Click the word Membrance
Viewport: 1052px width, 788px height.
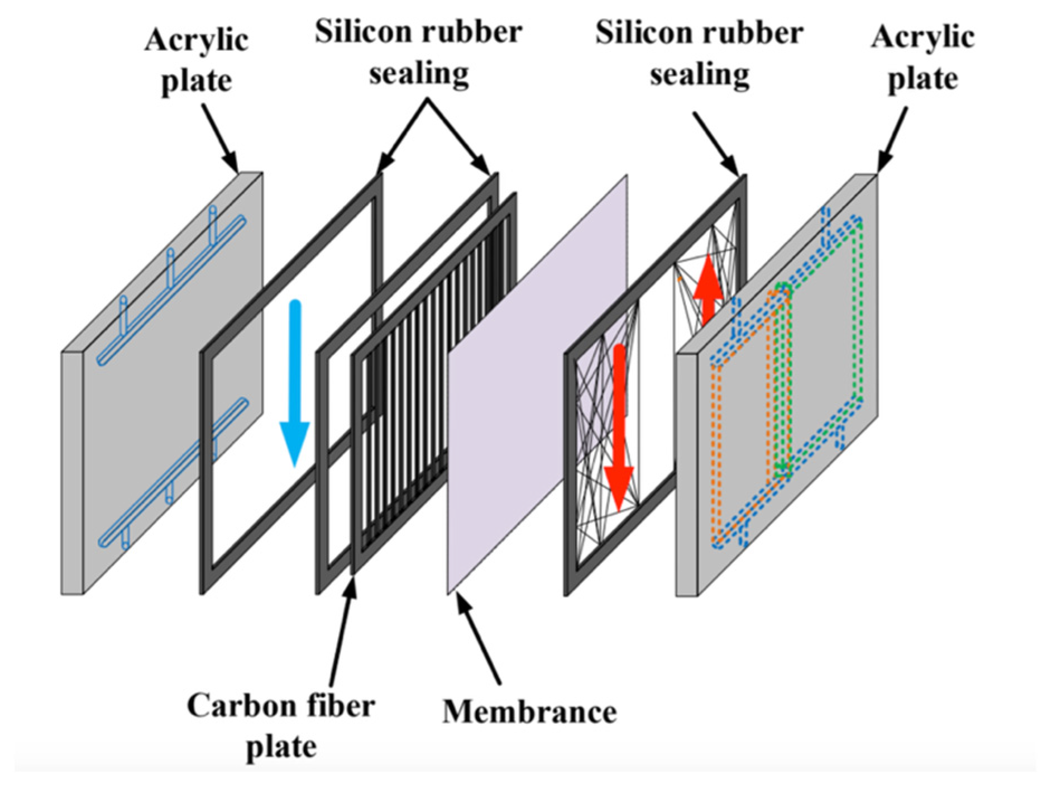tap(529, 711)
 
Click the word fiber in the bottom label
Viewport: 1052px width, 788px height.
tap(340, 706)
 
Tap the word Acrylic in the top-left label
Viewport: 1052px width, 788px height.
tap(197, 40)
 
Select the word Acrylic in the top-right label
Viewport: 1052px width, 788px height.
tap(922, 38)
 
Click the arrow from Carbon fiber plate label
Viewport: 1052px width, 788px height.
tap(342, 632)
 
